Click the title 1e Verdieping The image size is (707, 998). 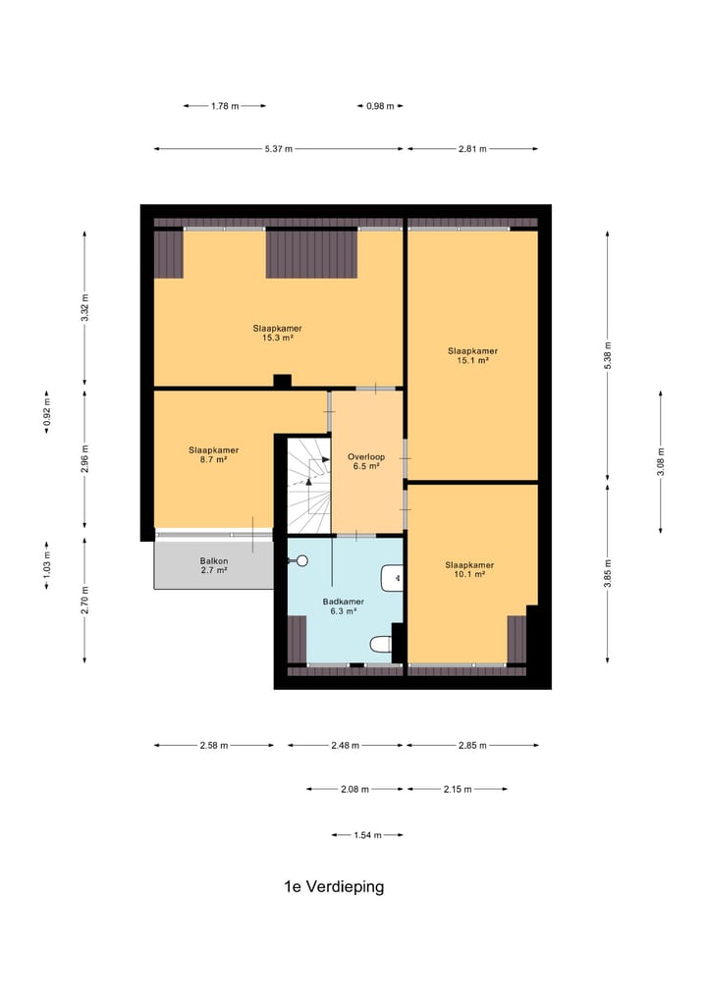(334, 886)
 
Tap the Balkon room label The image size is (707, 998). (214, 566)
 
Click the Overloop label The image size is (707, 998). (366, 461)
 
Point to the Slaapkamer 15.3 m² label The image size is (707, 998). (278, 333)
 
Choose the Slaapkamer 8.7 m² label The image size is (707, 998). (213, 454)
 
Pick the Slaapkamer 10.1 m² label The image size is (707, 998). (469, 569)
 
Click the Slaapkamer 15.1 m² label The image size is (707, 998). (472, 355)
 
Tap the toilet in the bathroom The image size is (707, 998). (381, 644)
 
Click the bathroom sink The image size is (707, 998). (392, 578)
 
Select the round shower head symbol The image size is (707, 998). (301, 560)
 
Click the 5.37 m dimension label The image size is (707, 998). (279, 149)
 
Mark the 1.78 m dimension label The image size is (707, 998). (225, 106)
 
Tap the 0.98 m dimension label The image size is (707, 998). (380, 106)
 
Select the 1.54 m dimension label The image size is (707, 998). (367, 835)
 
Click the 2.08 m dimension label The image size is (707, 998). (354, 789)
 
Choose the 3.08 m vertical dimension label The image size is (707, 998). (661, 462)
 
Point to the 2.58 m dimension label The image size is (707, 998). (214, 746)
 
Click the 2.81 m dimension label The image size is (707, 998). (472, 149)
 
